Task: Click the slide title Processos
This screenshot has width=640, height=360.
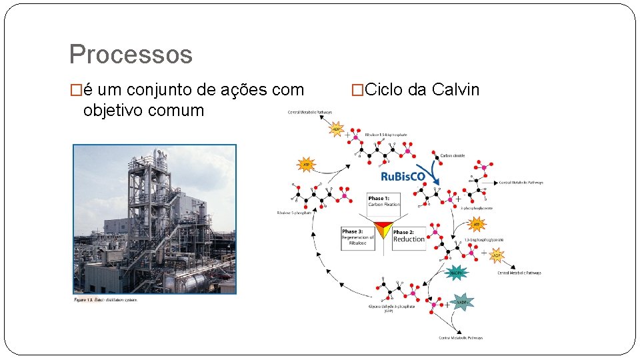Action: pos(131,55)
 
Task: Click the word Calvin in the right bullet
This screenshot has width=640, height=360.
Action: pos(456,90)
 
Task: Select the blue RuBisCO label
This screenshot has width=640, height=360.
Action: pos(403,177)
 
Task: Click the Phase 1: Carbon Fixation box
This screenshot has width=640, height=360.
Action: pos(385,201)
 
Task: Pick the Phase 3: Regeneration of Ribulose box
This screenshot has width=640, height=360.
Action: pos(358,237)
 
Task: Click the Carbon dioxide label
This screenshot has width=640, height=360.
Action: pos(453,155)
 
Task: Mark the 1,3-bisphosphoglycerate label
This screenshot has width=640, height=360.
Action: pos(488,239)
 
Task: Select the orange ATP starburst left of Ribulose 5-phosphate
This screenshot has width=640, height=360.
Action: pos(306,163)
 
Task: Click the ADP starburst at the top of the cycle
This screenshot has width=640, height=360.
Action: pos(337,129)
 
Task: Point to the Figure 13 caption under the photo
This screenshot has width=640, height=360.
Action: pos(105,299)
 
